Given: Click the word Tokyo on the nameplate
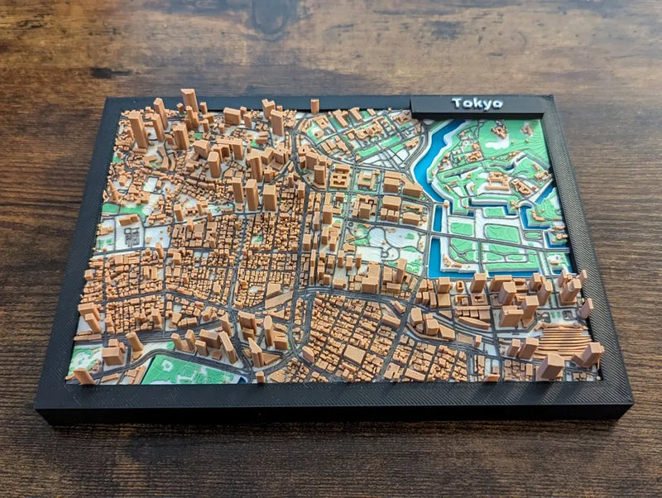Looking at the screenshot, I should pos(477,103).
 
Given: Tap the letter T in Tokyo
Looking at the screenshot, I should pos(456,103).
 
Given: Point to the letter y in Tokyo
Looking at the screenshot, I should pos(487,104).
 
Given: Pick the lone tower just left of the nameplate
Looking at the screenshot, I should pos(314,106).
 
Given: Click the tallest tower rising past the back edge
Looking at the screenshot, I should pos(189,101).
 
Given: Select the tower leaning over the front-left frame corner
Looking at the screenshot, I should pos(84,376).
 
